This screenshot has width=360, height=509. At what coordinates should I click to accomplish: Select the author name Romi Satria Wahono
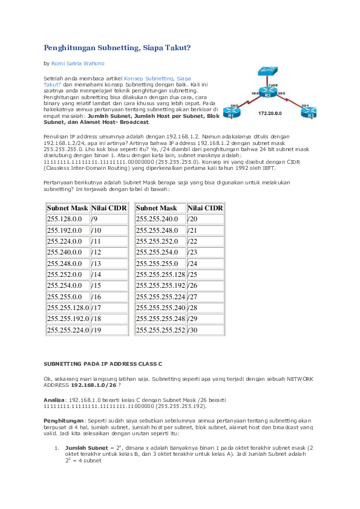[77, 63]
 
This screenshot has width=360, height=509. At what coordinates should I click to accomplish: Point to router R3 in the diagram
[309, 112]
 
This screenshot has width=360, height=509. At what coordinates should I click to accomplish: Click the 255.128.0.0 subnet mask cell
[68, 219]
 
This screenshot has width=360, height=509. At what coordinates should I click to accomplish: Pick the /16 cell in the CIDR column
[109, 297]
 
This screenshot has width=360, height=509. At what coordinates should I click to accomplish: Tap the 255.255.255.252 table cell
[160, 330]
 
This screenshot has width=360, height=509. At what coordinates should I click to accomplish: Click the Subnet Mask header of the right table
[156, 208]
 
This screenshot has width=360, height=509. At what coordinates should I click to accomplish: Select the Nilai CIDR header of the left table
[109, 208]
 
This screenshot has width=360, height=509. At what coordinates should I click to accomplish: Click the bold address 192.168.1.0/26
[93, 384]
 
